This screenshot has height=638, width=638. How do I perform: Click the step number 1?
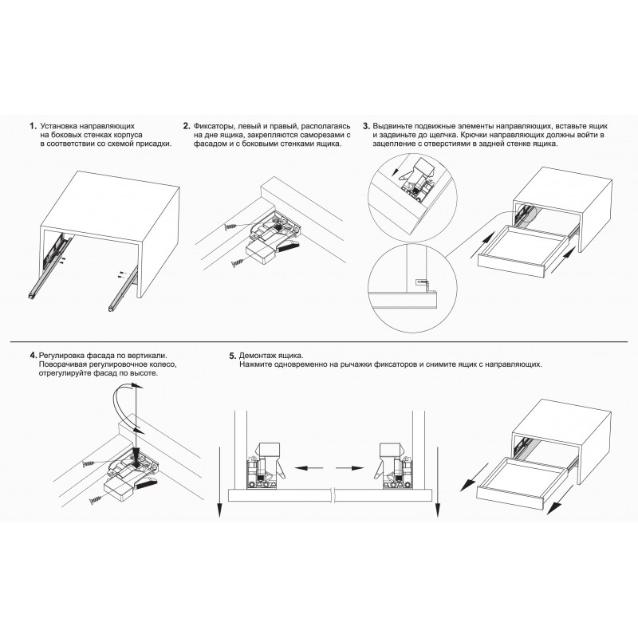coord(33,126)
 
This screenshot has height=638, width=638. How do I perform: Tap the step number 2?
coord(187,126)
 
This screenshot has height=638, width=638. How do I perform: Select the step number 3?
coord(366,126)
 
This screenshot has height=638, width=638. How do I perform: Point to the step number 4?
coord(33,355)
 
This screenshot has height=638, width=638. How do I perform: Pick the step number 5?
coord(233,356)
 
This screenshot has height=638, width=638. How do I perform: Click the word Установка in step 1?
coord(57,126)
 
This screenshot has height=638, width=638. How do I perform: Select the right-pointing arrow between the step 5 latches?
coord(350,468)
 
